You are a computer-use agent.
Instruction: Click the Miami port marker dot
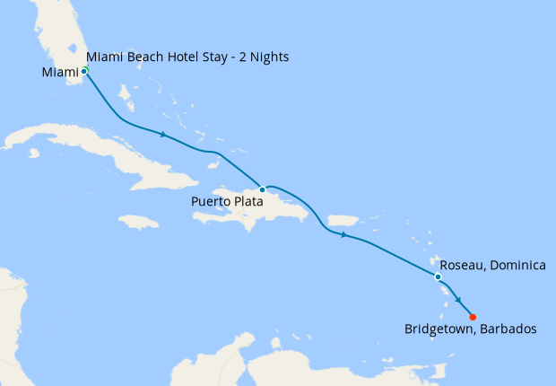click(84, 70)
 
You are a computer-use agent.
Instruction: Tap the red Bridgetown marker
click(473, 316)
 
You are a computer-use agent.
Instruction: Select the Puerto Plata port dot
click(262, 189)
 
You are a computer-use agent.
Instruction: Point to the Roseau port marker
click(438, 276)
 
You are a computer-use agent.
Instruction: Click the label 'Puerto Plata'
click(227, 202)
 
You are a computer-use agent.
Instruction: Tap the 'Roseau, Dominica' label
click(493, 267)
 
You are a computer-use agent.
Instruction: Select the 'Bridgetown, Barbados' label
click(471, 329)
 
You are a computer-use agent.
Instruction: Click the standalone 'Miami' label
click(59, 72)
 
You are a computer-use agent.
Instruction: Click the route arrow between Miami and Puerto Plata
click(163, 136)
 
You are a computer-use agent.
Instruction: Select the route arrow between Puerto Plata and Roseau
click(343, 235)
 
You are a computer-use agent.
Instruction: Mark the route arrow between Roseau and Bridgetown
click(459, 301)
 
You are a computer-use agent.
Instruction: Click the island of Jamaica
click(138, 221)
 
